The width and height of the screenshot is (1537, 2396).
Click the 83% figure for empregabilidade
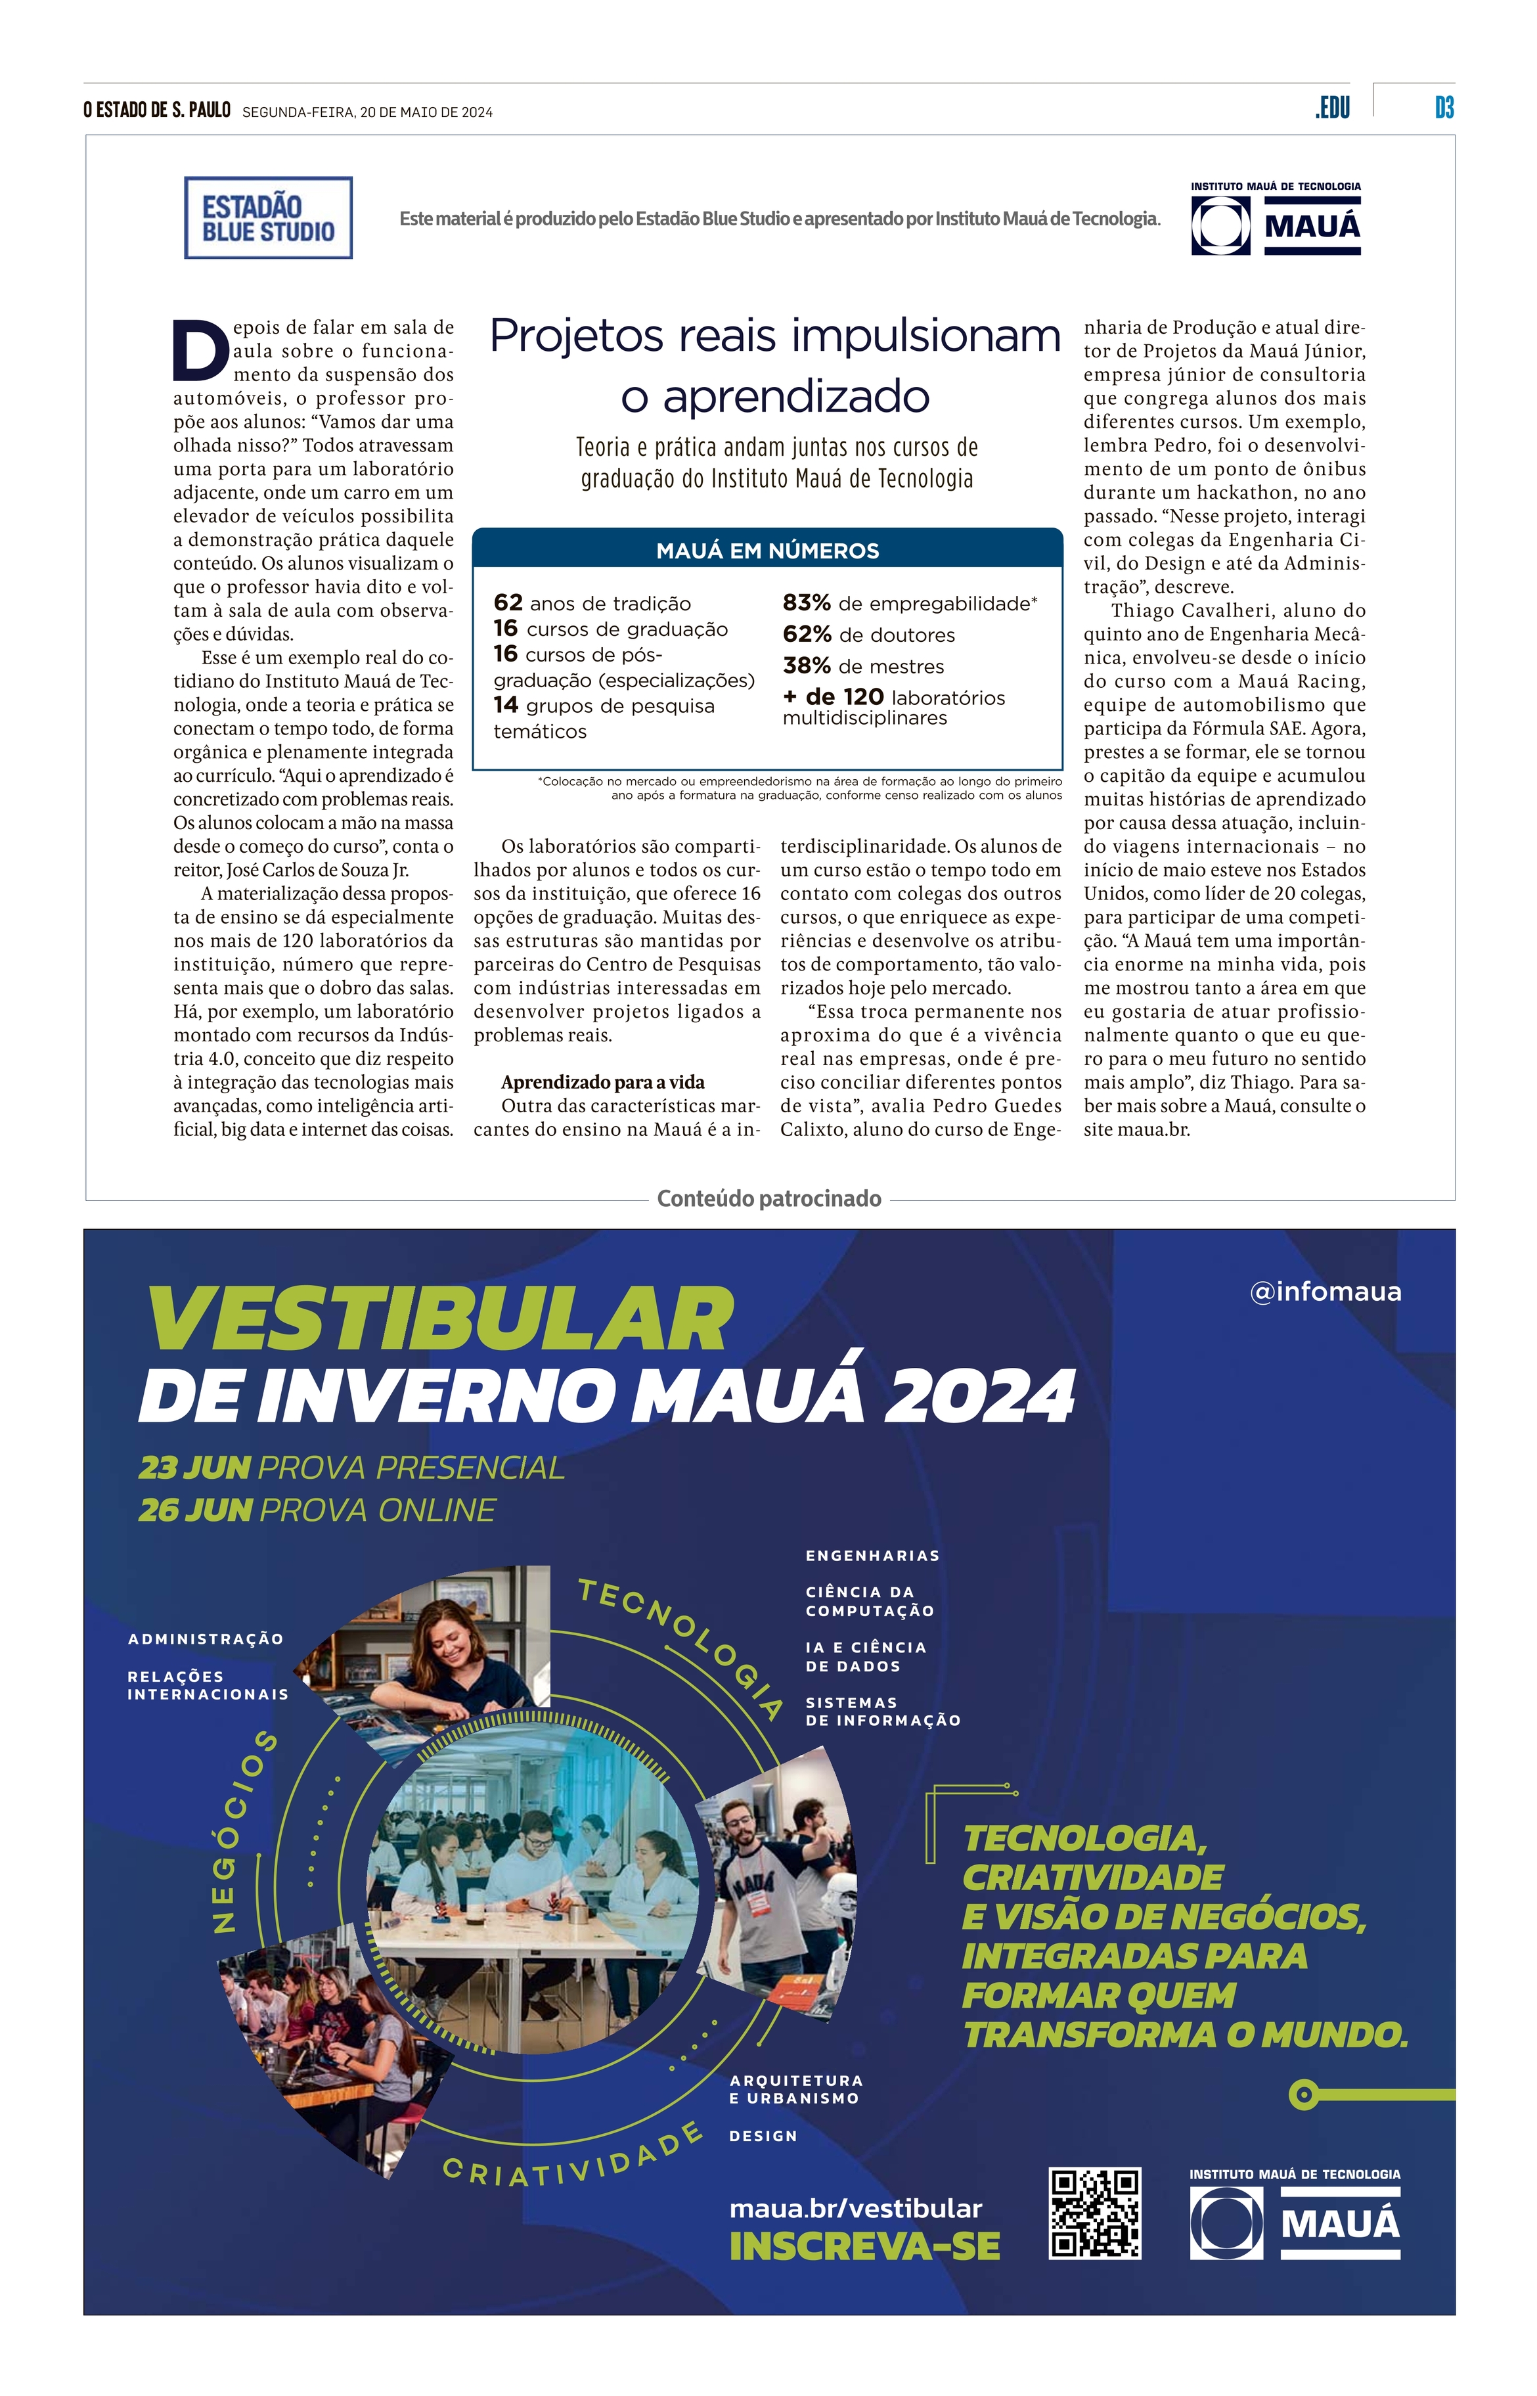pyautogui.click(x=807, y=603)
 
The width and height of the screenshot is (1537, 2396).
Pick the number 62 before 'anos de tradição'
pyautogui.click(x=508, y=603)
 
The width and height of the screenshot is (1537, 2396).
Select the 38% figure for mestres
pyautogui.click(x=807, y=666)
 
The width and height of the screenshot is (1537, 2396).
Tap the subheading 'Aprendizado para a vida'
pyautogui.click(x=603, y=1082)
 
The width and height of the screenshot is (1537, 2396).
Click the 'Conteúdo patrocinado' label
pyautogui.click(x=768, y=1198)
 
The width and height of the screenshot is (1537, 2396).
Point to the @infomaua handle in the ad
pyautogui.click(x=1324, y=1292)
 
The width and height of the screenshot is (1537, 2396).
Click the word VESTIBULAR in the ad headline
pyautogui.click(x=440, y=1320)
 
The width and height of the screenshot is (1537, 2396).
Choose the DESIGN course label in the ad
pyautogui.click(x=763, y=2136)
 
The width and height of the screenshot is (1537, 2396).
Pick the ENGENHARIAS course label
pyautogui.click(x=872, y=1556)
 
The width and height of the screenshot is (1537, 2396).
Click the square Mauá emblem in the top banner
pyautogui.click(x=1220, y=225)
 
